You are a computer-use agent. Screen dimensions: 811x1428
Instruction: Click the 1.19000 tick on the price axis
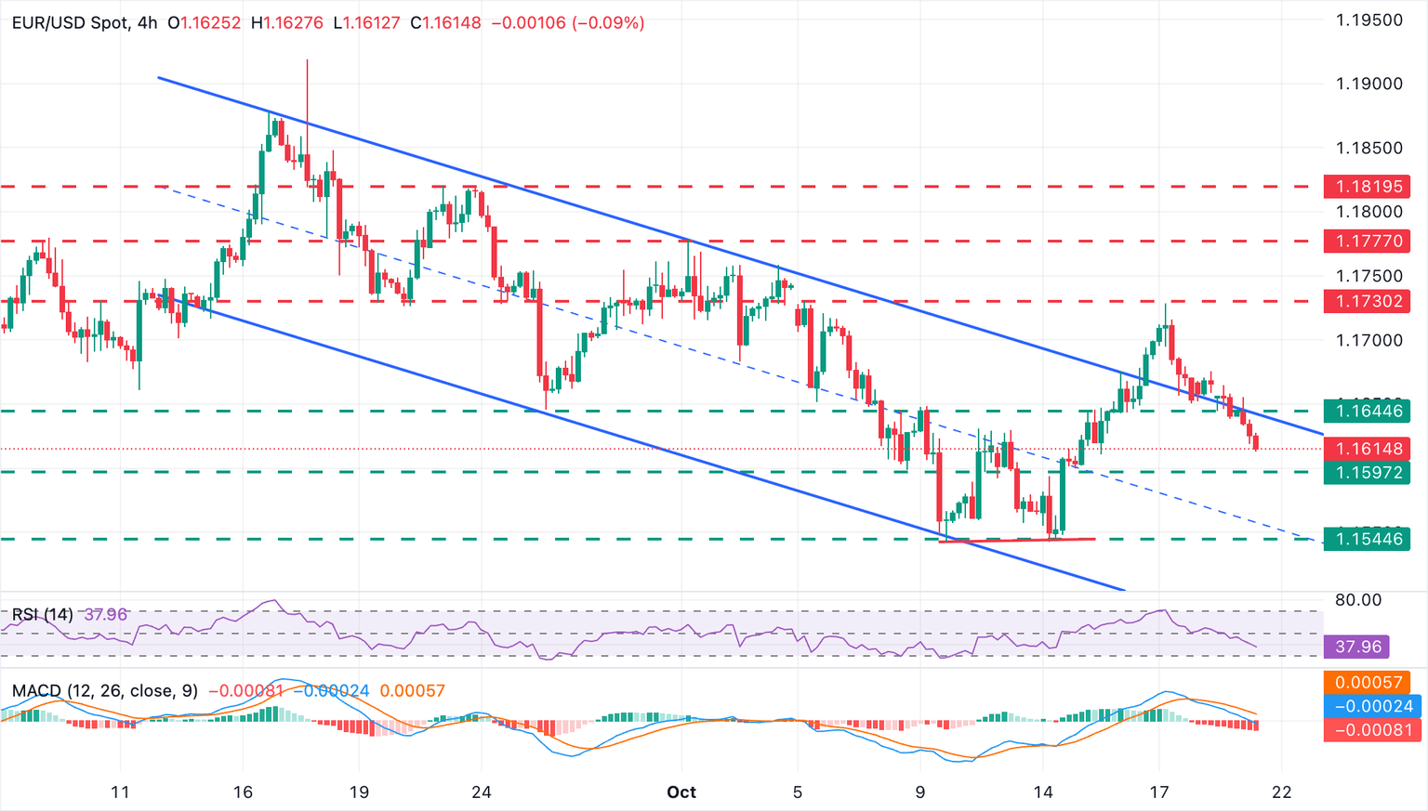1368,84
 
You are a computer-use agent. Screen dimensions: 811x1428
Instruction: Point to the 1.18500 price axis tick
1368,148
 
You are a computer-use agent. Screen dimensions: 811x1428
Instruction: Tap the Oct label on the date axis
681,792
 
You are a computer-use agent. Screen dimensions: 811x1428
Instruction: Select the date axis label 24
481,792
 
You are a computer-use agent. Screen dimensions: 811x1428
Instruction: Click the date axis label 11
120,792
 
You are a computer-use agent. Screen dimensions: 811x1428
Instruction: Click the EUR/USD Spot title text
71,22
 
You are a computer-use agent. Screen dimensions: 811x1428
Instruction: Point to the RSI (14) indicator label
42,614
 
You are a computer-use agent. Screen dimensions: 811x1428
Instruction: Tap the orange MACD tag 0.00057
1368,683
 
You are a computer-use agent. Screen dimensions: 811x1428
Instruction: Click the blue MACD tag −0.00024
1368,706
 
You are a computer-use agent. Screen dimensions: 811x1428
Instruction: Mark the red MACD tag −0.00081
1368,729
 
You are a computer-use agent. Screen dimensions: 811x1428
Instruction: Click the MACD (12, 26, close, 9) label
105,691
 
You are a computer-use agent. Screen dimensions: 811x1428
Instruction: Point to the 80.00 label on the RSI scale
1358,600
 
